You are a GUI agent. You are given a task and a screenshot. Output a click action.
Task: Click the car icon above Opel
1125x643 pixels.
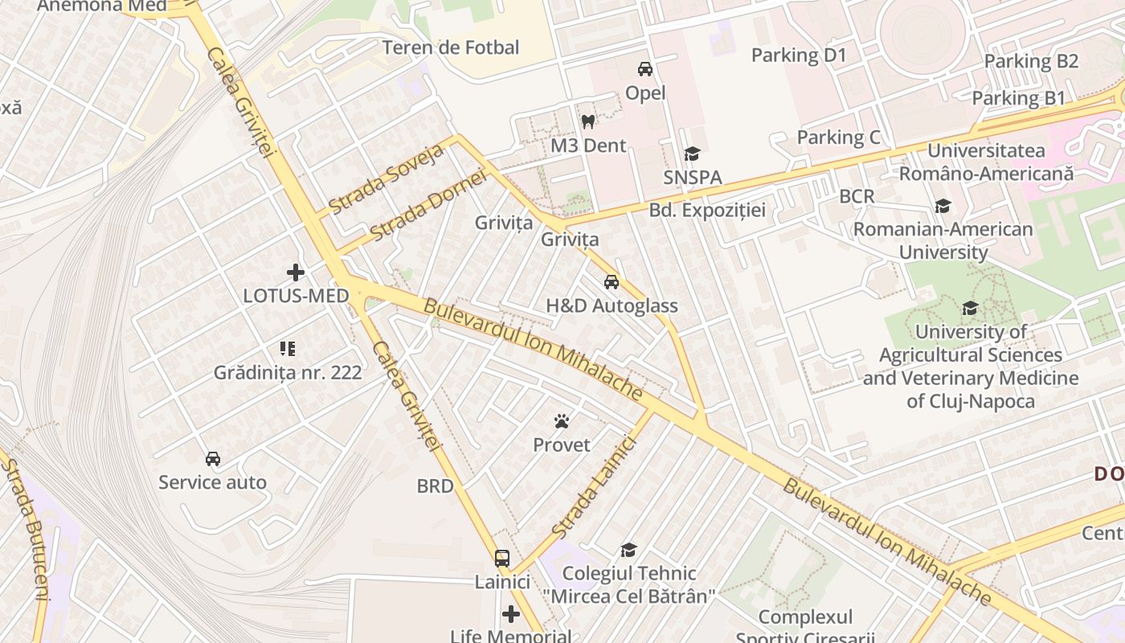644,69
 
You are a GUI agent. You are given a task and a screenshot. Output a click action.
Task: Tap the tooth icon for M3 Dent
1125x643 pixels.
587,122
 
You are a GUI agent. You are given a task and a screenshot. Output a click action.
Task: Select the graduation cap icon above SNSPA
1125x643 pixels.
692,154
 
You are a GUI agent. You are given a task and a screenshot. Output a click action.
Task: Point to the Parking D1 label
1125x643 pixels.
799,55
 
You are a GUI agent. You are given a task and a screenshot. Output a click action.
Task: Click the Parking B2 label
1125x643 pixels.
1031,61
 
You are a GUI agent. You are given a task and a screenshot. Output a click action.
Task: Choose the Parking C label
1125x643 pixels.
838,137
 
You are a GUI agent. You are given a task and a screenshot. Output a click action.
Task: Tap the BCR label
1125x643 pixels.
857,196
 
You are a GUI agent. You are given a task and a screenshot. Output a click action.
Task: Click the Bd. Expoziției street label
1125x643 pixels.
707,211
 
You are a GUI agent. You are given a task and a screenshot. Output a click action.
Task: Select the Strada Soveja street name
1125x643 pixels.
386,179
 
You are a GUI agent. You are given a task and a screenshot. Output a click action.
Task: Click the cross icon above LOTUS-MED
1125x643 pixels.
296,272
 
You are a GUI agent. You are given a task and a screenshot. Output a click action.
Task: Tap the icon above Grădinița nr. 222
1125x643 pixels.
288,349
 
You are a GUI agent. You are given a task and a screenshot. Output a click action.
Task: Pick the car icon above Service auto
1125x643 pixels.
212,459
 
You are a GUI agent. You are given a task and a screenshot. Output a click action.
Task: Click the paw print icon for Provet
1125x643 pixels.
561,421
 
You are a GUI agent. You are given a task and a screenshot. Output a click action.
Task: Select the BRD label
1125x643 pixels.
435,485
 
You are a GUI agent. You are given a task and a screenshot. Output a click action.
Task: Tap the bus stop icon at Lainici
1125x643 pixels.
501,558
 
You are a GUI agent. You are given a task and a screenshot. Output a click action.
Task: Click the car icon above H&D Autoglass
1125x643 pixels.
612,282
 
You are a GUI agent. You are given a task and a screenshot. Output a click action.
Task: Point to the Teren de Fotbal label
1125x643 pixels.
451,47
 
